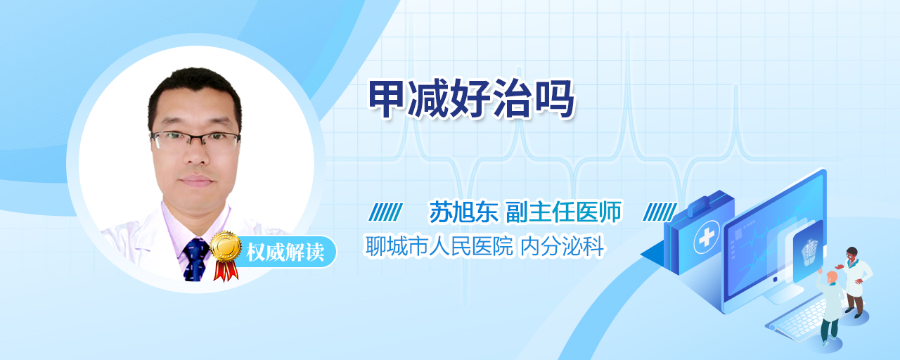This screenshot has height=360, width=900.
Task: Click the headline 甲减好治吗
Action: [472, 99]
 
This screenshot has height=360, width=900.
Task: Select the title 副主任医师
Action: [564, 212]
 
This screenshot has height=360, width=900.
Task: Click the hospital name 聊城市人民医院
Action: [439, 246]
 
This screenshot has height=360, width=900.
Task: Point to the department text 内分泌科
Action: [562, 246]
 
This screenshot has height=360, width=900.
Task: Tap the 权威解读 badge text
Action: [285, 252]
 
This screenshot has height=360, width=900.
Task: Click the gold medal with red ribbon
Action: [226, 255]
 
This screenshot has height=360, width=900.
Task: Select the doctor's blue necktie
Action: [195, 259]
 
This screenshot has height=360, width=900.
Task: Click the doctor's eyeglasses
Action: [195, 140]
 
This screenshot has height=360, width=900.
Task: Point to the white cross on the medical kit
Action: [707, 237]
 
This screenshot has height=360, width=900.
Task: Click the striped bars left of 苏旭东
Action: [385, 212]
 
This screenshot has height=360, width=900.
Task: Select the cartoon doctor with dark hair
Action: [855, 282]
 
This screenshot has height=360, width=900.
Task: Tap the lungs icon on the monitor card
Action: [809, 252]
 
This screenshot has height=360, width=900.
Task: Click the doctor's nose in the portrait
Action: [196, 154]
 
